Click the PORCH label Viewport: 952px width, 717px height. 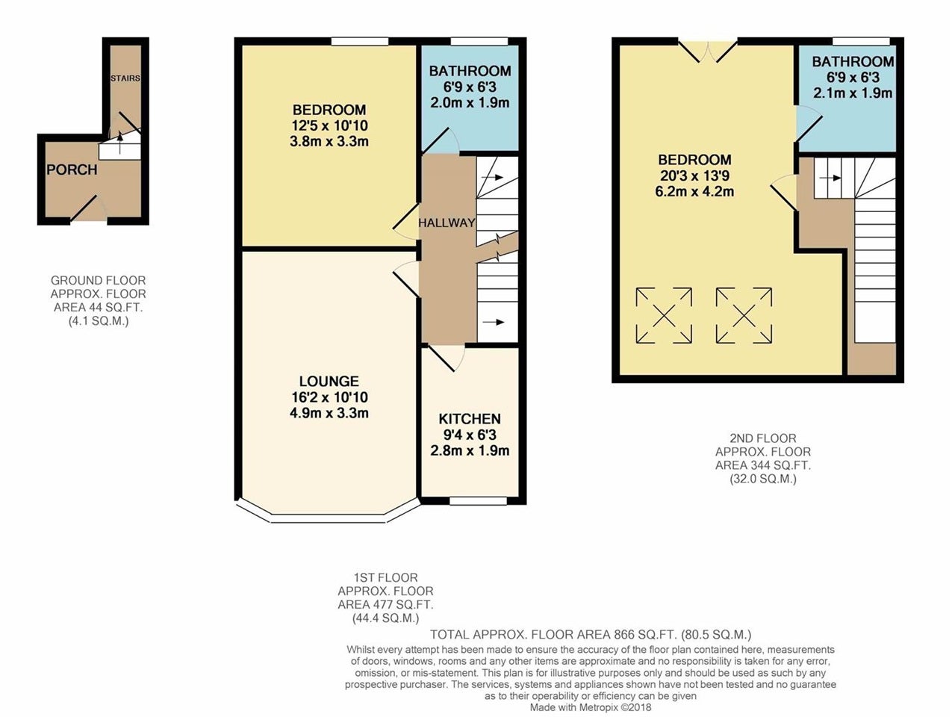pyautogui.click(x=72, y=170)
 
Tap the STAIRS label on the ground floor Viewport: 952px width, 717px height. pyautogui.click(x=125, y=78)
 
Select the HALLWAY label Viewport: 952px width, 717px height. pyautogui.click(x=447, y=223)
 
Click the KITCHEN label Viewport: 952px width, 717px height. pyautogui.click(x=470, y=418)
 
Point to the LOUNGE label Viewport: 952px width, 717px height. pyautogui.click(x=329, y=381)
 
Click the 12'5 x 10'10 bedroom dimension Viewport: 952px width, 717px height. pyautogui.click(x=329, y=125)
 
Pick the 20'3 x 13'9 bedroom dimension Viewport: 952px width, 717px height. pyautogui.click(x=695, y=176)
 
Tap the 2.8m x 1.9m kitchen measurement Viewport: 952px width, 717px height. pyautogui.click(x=470, y=450)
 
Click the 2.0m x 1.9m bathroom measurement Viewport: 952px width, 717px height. pyautogui.click(x=470, y=103)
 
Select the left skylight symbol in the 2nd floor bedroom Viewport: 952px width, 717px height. pyautogui.click(x=664, y=315)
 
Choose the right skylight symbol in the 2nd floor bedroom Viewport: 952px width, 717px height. pyautogui.click(x=744, y=315)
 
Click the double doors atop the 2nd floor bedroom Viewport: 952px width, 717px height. pyautogui.click(x=708, y=52)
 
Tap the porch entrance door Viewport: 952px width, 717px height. pyautogui.click(x=89, y=211)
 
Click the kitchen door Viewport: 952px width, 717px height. pyautogui.click(x=447, y=358)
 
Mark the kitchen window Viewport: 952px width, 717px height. pyautogui.click(x=478, y=501)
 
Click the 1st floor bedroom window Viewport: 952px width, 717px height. pyautogui.click(x=360, y=41)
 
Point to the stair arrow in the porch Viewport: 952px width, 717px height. pyautogui.click(x=120, y=143)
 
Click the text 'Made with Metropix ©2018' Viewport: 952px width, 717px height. pyautogui.click(x=591, y=707)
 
